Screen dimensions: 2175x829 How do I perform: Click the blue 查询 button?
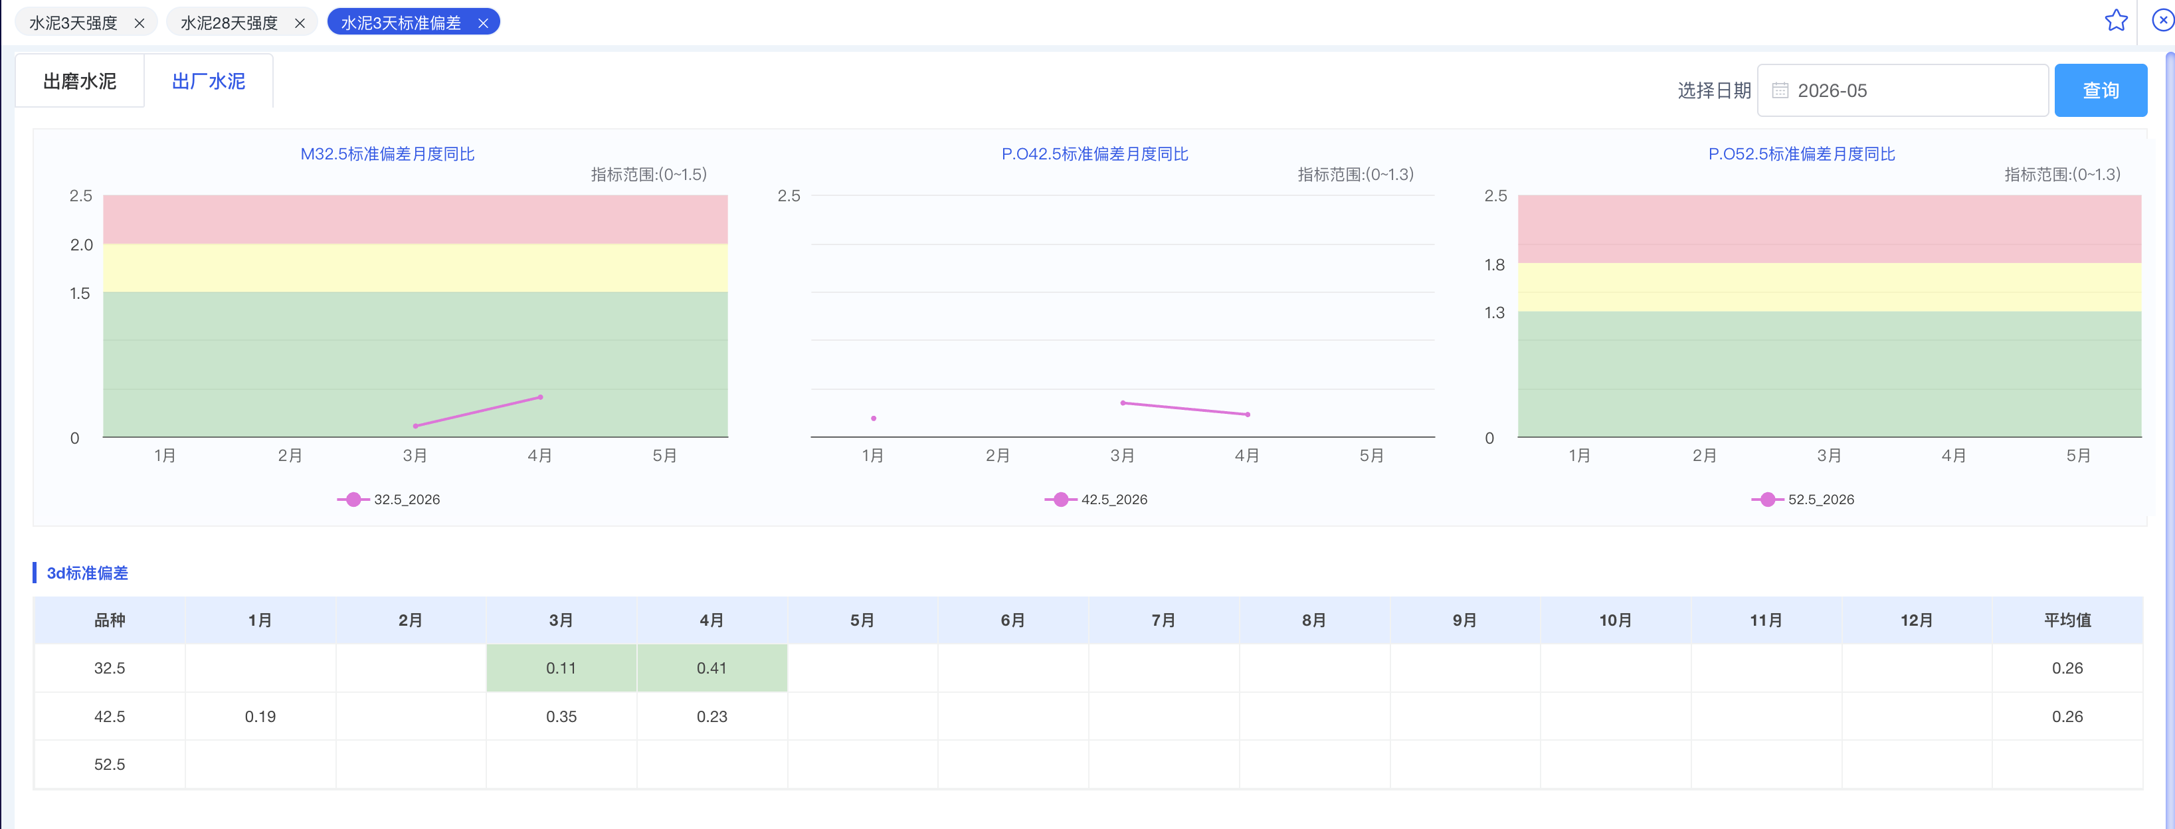point(2100,90)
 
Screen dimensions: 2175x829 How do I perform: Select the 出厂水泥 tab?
point(209,81)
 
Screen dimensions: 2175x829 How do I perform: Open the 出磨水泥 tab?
point(80,81)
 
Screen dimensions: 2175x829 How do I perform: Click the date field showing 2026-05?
point(1902,90)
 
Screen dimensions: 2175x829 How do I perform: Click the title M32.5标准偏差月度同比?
point(387,153)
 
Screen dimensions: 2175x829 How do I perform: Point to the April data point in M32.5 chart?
point(540,397)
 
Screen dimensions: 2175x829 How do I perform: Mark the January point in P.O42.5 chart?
point(873,418)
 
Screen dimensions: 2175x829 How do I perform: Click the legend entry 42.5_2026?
point(1096,499)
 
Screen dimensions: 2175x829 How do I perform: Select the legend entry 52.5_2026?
point(1803,499)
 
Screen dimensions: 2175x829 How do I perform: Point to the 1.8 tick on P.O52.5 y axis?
point(1495,265)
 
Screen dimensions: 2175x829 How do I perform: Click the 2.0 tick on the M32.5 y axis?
point(81,245)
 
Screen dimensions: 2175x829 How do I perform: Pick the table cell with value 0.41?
point(711,668)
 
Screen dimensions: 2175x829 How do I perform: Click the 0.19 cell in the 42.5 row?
point(260,716)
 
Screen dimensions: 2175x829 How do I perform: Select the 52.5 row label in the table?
point(110,764)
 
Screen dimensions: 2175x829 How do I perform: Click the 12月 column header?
point(1917,620)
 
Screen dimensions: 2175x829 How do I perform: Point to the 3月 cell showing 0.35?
point(561,716)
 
